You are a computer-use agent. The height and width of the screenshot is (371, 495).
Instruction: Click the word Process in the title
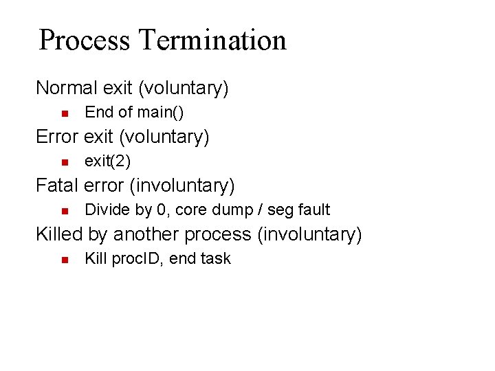point(85,40)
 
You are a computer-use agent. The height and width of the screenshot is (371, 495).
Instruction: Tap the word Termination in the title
point(212,40)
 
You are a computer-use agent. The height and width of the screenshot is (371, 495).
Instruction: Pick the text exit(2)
point(107,161)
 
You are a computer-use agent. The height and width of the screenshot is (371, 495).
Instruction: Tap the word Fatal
point(56,185)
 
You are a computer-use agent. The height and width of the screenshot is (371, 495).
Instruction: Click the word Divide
point(106,210)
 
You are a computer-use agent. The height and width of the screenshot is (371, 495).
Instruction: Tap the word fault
point(313,210)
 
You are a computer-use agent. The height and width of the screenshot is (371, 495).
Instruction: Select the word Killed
point(59,234)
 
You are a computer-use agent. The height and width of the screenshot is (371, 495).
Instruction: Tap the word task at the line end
point(216,258)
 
